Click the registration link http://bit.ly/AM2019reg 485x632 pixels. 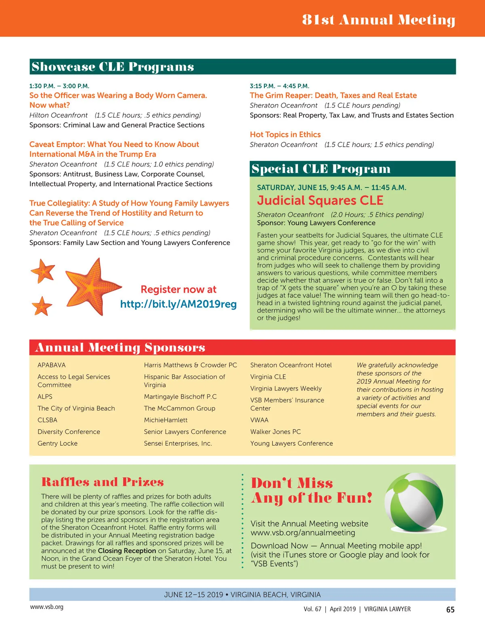(178, 304)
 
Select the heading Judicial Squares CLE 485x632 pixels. (320, 200)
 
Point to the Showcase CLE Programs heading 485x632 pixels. (113, 67)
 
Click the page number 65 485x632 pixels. (450, 610)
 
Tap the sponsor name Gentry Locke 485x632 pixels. (57, 443)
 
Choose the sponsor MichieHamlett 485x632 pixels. (166, 420)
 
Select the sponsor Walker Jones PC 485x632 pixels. (275, 432)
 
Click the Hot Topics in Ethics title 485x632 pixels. (285, 135)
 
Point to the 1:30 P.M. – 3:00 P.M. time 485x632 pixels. (59, 86)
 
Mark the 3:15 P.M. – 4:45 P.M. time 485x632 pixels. (279, 86)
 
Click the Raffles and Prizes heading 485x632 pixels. (102, 482)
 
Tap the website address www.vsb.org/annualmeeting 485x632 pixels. (303, 533)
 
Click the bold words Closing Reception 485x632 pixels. (127, 551)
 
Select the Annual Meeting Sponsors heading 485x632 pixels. (120, 348)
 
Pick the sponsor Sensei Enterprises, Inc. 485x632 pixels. (178, 443)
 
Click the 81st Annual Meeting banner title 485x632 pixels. (379, 19)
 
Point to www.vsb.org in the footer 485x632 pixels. (46, 607)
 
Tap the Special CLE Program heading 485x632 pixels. (321, 169)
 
